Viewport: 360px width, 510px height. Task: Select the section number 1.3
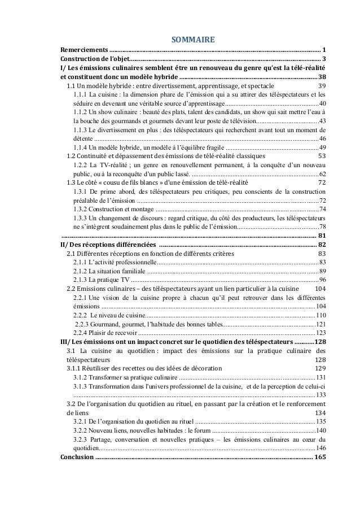(72, 182)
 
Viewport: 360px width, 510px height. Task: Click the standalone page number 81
(322, 236)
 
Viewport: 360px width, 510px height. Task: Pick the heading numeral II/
(65, 245)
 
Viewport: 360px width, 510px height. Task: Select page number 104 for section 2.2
(320, 289)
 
